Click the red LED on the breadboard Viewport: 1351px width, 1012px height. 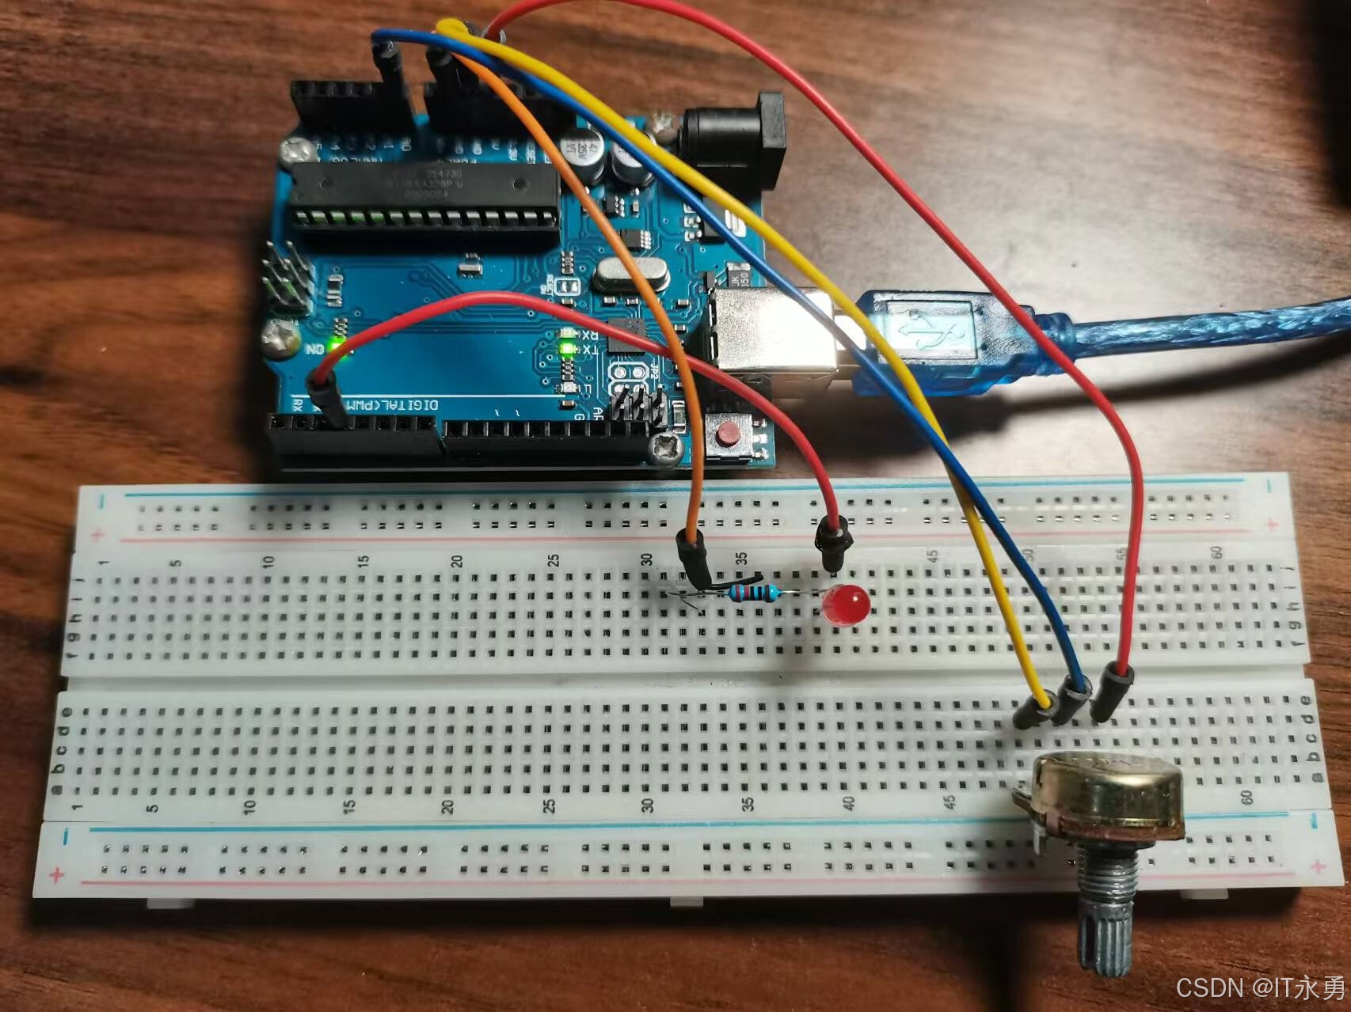(x=846, y=605)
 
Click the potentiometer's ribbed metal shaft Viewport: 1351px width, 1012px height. (x=1108, y=918)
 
